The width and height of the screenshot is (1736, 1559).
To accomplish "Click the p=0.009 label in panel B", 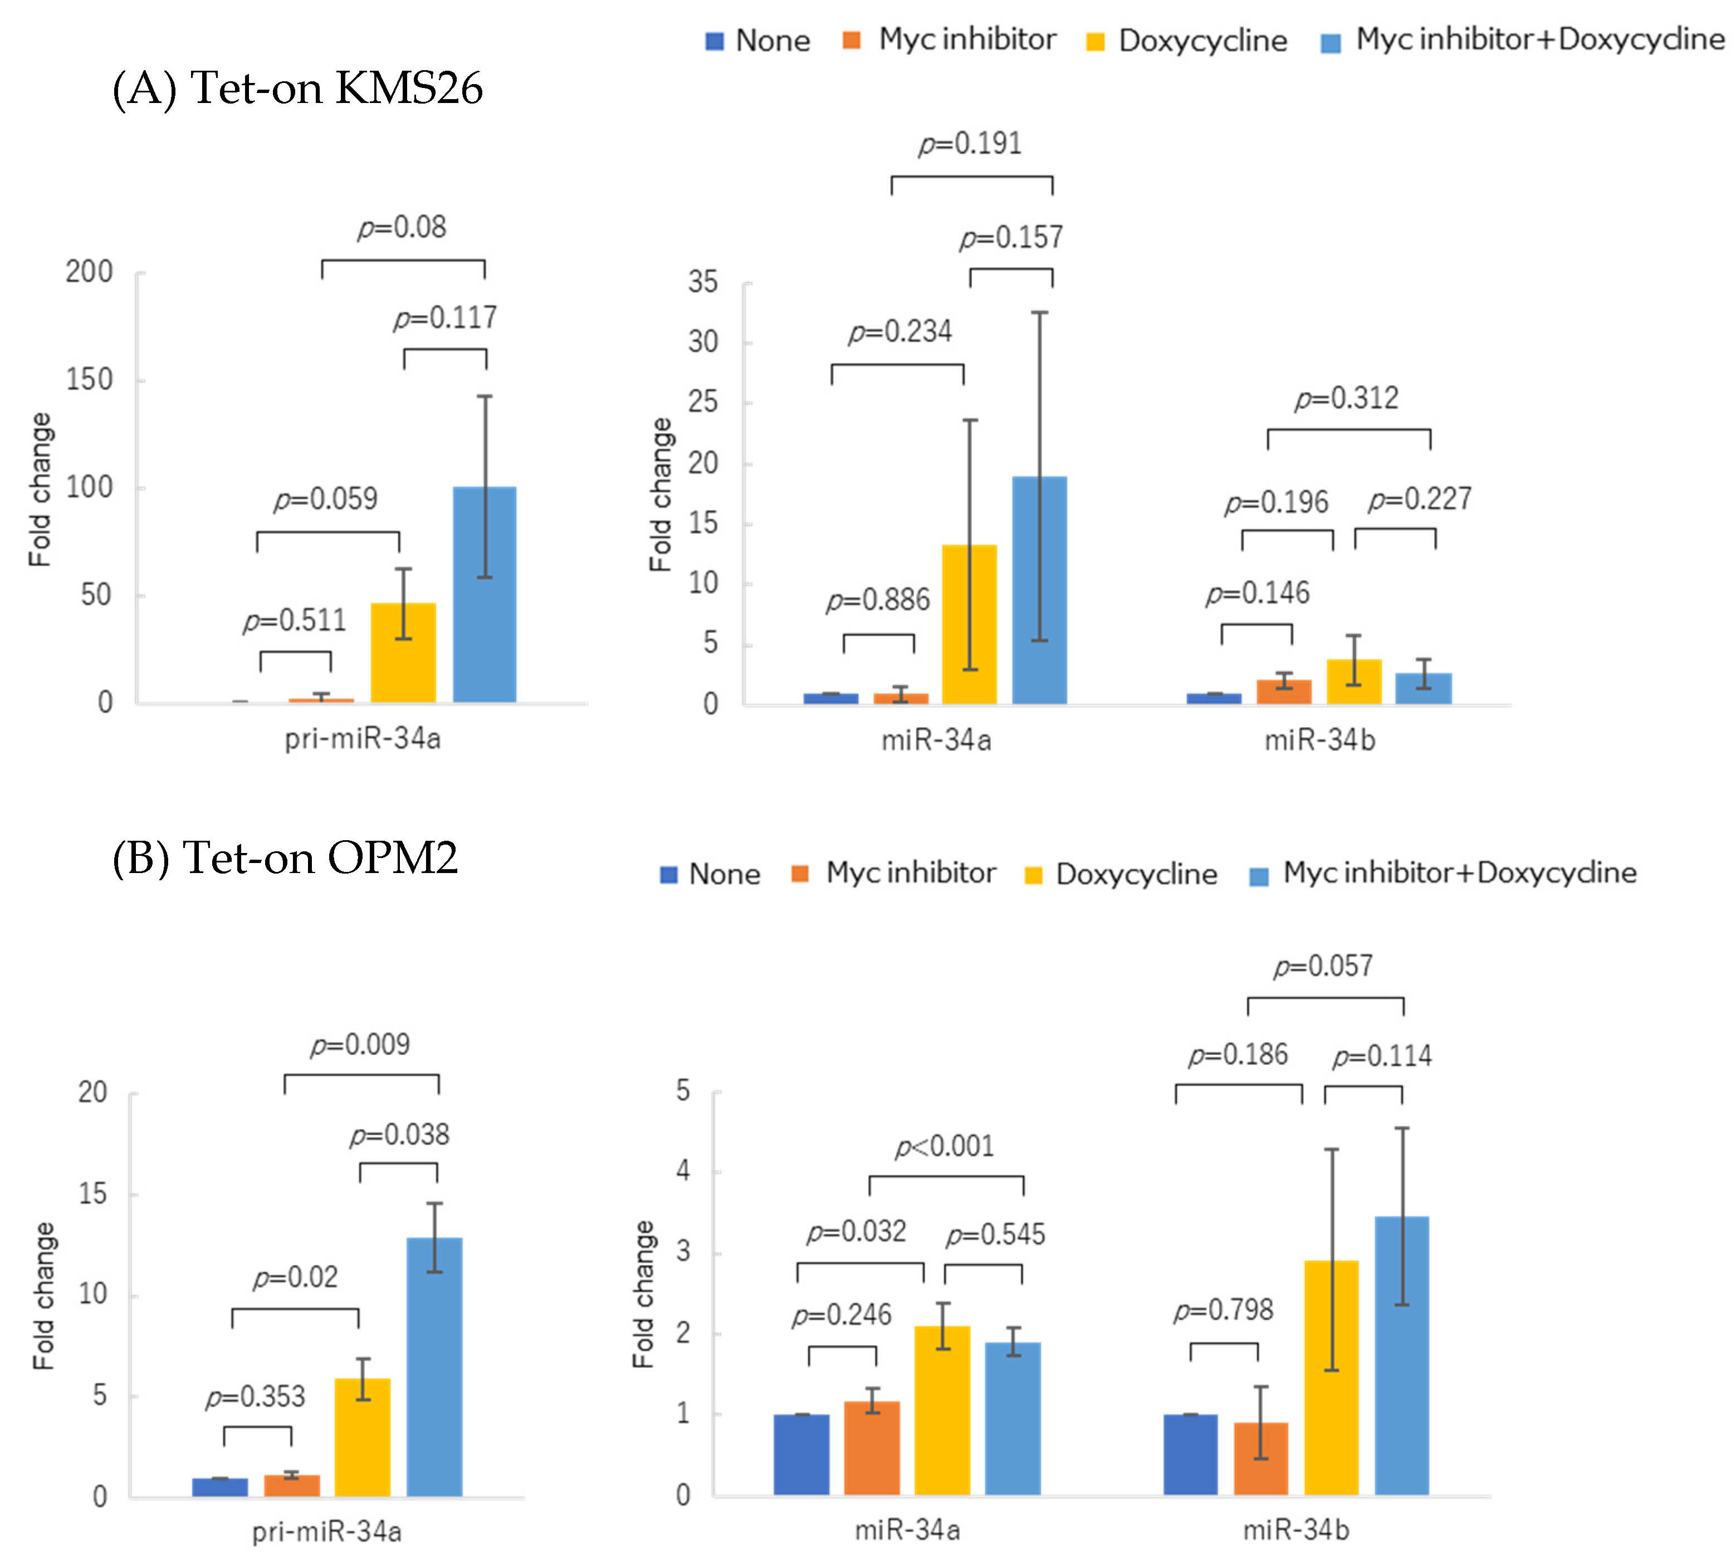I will tap(360, 1045).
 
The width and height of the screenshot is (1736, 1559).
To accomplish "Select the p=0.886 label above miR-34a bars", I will tap(877, 600).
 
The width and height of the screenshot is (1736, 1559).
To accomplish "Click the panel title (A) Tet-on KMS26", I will tap(297, 88).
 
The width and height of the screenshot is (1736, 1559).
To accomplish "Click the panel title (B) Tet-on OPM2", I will tap(285, 857).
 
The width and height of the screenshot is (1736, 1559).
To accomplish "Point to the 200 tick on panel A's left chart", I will tap(89, 272).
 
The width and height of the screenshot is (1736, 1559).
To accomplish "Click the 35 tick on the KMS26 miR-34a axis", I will tap(703, 283).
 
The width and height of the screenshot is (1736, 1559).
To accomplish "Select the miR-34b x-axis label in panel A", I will tap(1319, 739).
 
